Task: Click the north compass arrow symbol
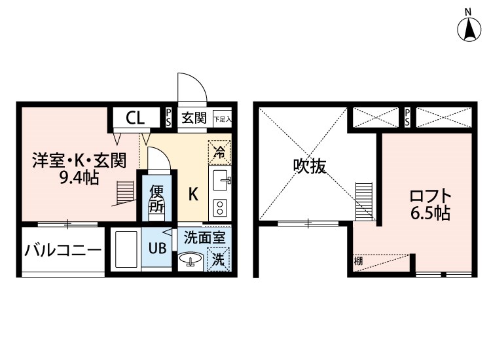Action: [469, 28]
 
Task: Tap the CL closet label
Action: [136, 118]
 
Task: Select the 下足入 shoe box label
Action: [222, 118]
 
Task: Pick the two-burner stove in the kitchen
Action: [219, 208]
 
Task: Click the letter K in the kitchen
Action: [194, 194]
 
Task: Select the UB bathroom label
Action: [157, 248]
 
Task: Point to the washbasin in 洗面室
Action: [192, 261]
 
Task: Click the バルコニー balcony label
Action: [63, 249]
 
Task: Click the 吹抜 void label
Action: [309, 167]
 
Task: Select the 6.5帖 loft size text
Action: [429, 213]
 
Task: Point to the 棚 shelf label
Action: [358, 262]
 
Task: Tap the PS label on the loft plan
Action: [407, 118]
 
